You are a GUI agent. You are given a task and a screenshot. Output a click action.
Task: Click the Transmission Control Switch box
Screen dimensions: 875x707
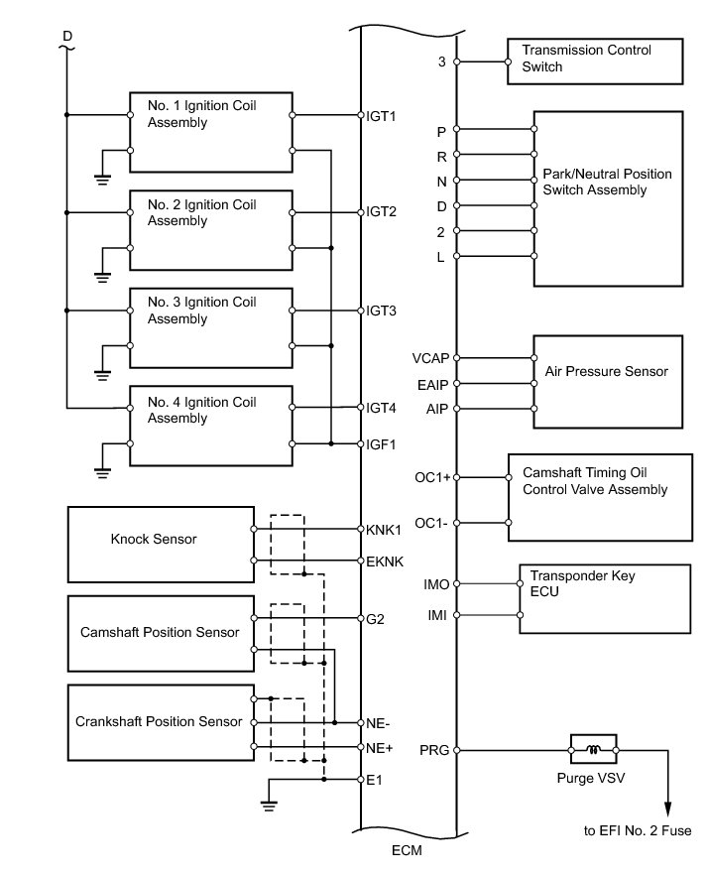click(x=593, y=61)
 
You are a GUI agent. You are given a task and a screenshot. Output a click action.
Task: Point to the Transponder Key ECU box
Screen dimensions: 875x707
click(x=603, y=598)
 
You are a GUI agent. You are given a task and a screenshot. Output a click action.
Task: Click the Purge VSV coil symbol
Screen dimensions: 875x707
click(x=594, y=750)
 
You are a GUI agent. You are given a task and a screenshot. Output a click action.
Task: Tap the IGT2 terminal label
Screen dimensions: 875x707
click(x=382, y=212)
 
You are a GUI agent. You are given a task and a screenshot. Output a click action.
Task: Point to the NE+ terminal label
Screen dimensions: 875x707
click(x=379, y=746)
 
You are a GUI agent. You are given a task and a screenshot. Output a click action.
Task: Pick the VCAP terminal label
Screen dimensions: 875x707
click(x=431, y=358)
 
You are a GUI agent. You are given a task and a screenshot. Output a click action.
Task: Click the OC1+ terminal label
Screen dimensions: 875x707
click(x=432, y=477)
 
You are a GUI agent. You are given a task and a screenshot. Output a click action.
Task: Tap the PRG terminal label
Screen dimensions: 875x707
click(x=434, y=750)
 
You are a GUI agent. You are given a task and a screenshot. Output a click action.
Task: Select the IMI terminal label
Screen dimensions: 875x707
click(x=436, y=616)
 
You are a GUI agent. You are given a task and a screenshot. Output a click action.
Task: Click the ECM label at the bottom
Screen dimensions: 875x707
click(x=408, y=850)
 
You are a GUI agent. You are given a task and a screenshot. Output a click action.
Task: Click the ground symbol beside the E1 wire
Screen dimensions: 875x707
click(x=268, y=803)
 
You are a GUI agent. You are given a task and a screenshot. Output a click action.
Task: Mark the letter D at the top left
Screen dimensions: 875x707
click(x=67, y=36)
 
